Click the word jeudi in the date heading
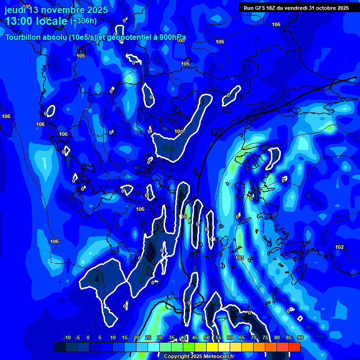click(15, 10)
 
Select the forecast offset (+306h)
click(83, 21)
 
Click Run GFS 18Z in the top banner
click(264, 8)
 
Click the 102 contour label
click(339, 247)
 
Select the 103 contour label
click(240, 258)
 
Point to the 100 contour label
click(179, 132)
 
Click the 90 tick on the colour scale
click(300, 337)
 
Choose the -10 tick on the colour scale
click(67, 337)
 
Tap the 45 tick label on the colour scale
click(195, 337)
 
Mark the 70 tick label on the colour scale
click(253, 337)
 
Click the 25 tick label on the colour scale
click(148, 337)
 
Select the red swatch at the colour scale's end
click(294, 347)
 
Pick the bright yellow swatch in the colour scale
click(212, 347)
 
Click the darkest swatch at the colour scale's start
click(60, 347)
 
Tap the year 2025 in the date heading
click(95, 10)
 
